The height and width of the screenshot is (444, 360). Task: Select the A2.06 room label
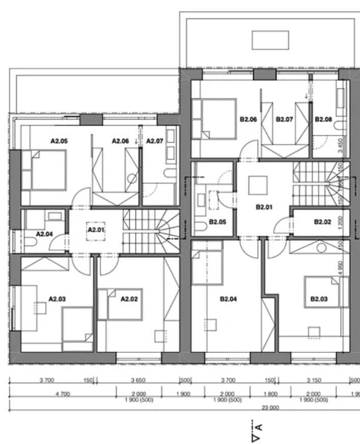coord(121,141)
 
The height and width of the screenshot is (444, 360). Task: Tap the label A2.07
coord(155,141)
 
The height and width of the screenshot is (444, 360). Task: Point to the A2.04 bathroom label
coord(45,234)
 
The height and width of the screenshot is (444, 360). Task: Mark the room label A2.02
coord(129,299)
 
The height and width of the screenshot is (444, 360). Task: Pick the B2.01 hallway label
coord(264,207)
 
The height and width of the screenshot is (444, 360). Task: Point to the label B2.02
coord(323,222)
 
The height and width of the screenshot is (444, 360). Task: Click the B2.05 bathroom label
coord(217,222)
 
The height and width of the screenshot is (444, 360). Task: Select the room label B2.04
coord(229,299)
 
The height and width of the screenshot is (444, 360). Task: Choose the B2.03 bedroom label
coord(319,299)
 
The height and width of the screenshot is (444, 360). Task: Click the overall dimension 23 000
coord(270,407)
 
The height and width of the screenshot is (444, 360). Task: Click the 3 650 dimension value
coord(139,380)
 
